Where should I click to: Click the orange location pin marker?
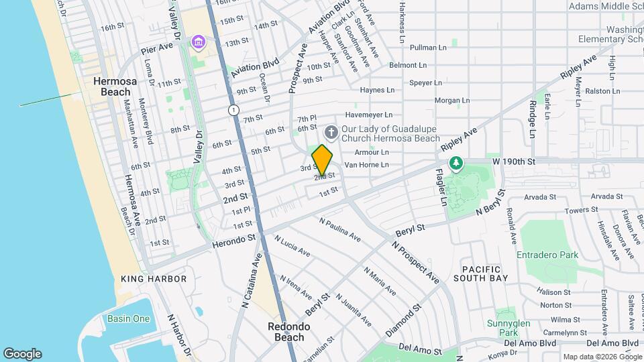322,160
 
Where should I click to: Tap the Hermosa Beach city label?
115,86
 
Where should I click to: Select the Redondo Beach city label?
289,332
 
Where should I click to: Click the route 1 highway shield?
233,109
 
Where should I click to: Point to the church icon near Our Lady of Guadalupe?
330,131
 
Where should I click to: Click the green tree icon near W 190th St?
456,163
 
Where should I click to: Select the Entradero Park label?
547,255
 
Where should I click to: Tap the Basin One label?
128,318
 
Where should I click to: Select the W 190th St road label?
514,162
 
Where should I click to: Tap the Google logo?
22,354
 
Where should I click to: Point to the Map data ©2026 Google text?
602,357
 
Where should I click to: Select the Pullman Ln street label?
428,48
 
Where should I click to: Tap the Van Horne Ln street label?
366,164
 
